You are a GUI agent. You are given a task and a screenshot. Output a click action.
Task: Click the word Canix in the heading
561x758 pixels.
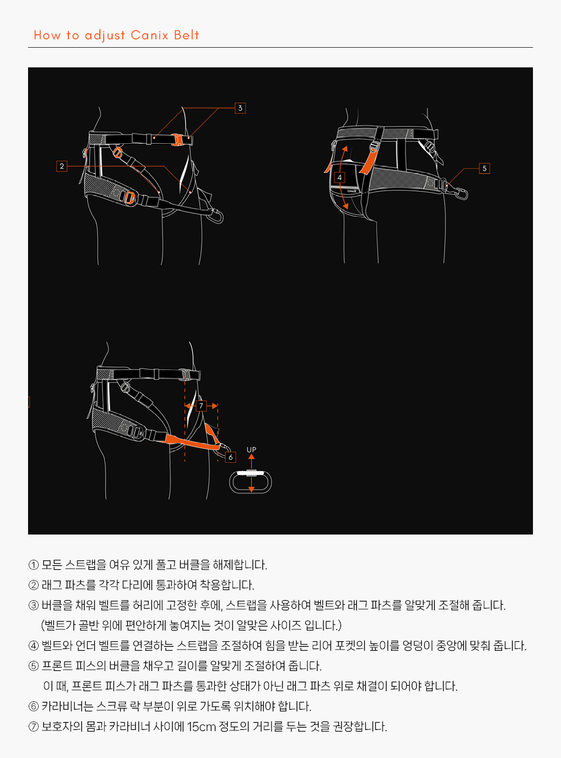pyautogui.click(x=150, y=35)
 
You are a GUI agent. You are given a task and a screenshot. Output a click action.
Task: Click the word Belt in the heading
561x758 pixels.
pyautogui.click(x=186, y=35)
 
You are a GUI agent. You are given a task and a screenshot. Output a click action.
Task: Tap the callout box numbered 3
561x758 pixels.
pyautogui.click(x=240, y=108)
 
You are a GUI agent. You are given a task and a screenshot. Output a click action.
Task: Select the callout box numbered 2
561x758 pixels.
pyautogui.click(x=62, y=166)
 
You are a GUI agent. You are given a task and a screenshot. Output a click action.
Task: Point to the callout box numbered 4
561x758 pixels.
pyautogui.click(x=339, y=177)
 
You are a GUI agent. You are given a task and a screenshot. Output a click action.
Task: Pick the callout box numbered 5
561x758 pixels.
pyautogui.click(x=484, y=168)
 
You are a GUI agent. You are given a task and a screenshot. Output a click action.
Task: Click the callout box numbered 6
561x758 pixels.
pyautogui.click(x=231, y=457)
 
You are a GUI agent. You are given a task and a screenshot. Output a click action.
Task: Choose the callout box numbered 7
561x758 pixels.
pyautogui.click(x=201, y=405)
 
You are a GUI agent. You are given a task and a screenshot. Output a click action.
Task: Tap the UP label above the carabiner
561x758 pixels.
pyautogui.click(x=251, y=450)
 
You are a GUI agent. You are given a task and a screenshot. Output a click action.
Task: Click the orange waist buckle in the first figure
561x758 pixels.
pyautogui.click(x=177, y=139)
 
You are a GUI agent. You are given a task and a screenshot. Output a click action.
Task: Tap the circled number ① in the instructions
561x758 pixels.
pyautogui.click(x=34, y=565)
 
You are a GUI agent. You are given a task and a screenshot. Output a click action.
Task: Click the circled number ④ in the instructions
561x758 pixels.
pyautogui.click(x=34, y=646)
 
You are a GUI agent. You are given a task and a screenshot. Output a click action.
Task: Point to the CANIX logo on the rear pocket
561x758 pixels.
pyautogui.click(x=352, y=191)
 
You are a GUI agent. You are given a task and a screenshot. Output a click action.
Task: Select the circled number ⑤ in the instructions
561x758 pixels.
pyautogui.click(x=34, y=666)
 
